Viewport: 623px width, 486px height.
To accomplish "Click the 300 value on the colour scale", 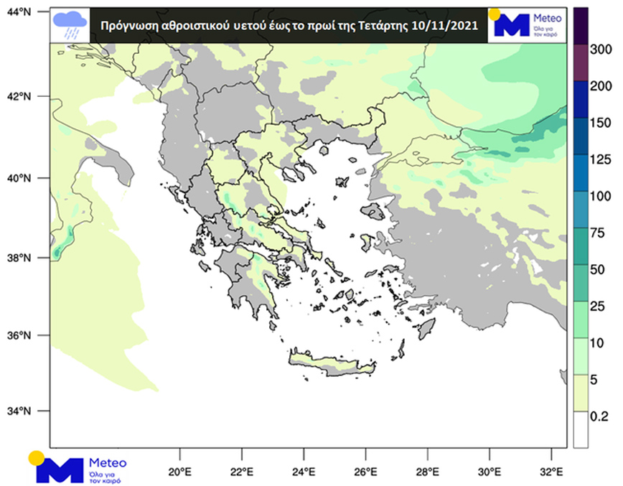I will click(x=601, y=49).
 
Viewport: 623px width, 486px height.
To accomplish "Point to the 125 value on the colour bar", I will click(x=601, y=158).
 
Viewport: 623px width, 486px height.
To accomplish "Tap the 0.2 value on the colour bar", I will click(x=601, y=415).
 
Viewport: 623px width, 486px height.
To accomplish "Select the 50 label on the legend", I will click(x=598, y=268).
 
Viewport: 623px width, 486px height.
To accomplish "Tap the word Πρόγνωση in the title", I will click(x=124, y=24).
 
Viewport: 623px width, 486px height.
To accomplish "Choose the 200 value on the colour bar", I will click(x=601, y=85).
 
